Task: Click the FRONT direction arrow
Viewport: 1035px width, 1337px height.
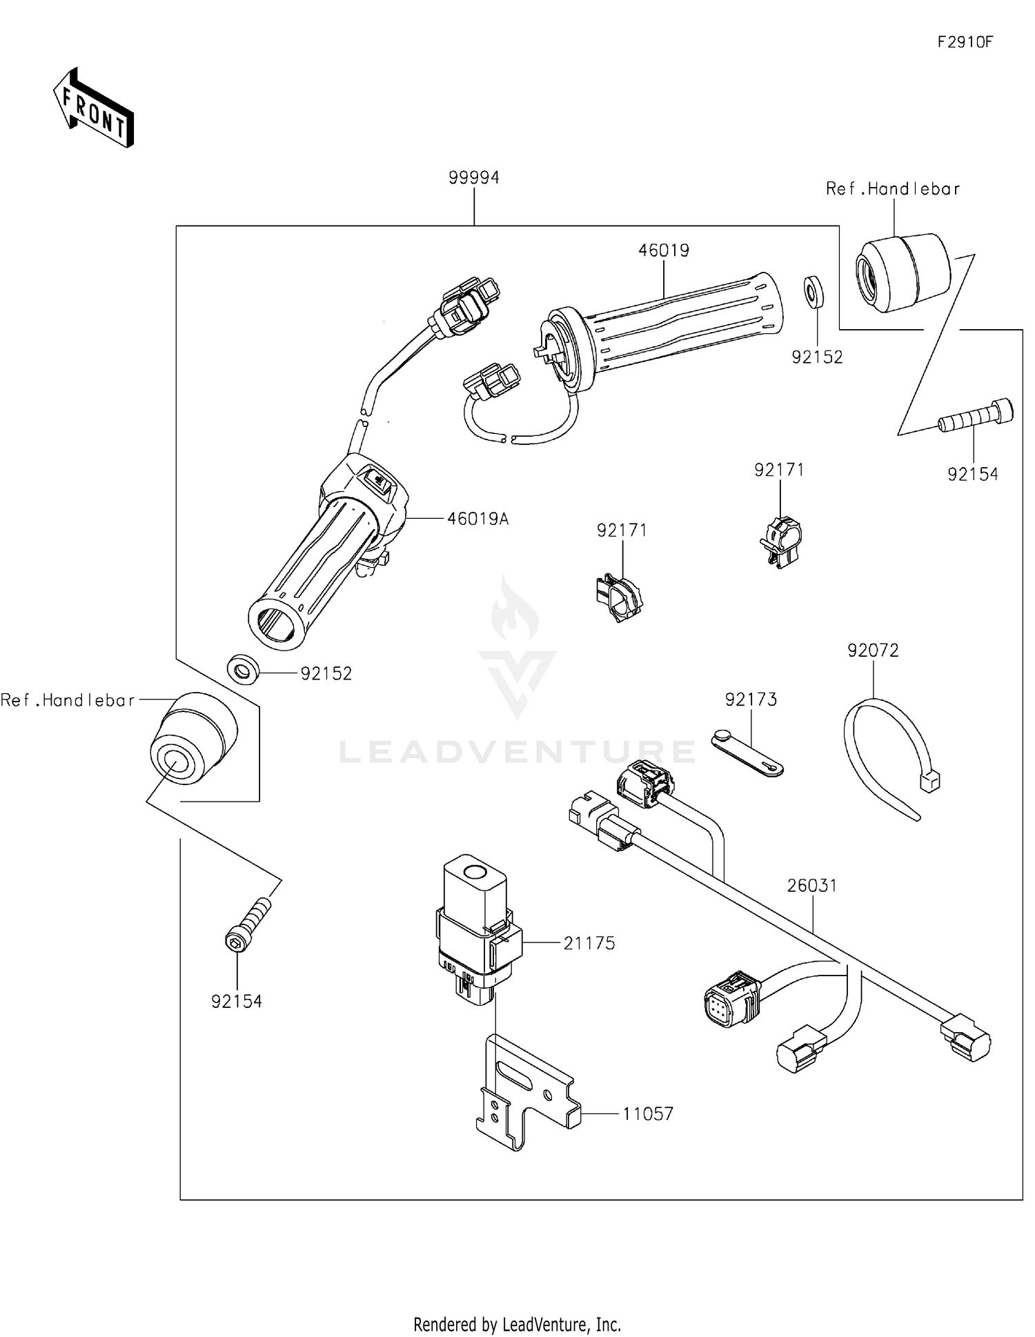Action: pyautogui.click(x=94, y=108)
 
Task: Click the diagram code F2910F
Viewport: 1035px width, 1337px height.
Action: pyautogui.click(x=965, y=42)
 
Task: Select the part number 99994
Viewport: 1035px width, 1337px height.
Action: pyautogui.click(x=473, y=178)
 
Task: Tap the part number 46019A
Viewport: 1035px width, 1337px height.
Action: pyautogui.click(x=477, y=519)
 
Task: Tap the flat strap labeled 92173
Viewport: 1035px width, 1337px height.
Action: pyautogui.click(x=747, y=753)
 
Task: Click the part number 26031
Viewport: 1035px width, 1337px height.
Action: pyautogui.click(x=812, y=885)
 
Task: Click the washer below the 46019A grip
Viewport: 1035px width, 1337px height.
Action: pyautogui.click(x=243, y=668)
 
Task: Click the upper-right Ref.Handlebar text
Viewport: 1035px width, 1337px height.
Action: pyautogui.click(x=892, y=189)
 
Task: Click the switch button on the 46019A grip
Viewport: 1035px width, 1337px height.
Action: pyautogui.click(x=377, y=478)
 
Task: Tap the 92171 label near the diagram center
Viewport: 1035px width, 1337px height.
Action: pyautogui.click(x=622, y=531)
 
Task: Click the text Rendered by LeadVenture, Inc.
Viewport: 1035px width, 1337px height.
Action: pyautogui.click(x=517, y=1324)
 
